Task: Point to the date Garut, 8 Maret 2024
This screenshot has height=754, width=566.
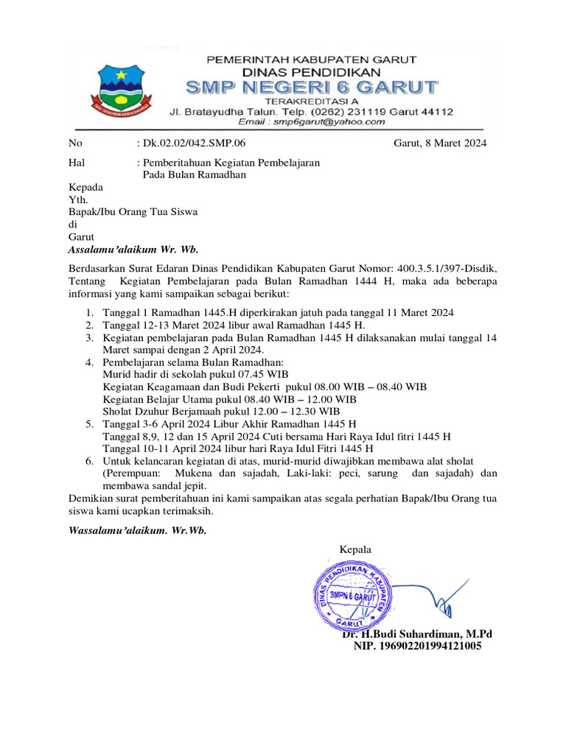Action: click(440, 144)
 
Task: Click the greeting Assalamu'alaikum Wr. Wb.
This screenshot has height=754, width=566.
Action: click(133, 250)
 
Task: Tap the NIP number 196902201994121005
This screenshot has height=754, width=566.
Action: click(418, 646)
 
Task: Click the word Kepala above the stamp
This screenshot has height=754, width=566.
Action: click(355, 549)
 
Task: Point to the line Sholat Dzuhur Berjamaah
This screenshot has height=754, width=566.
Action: click(221, 411)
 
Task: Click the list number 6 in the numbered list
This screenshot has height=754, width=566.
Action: click(88, 460)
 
